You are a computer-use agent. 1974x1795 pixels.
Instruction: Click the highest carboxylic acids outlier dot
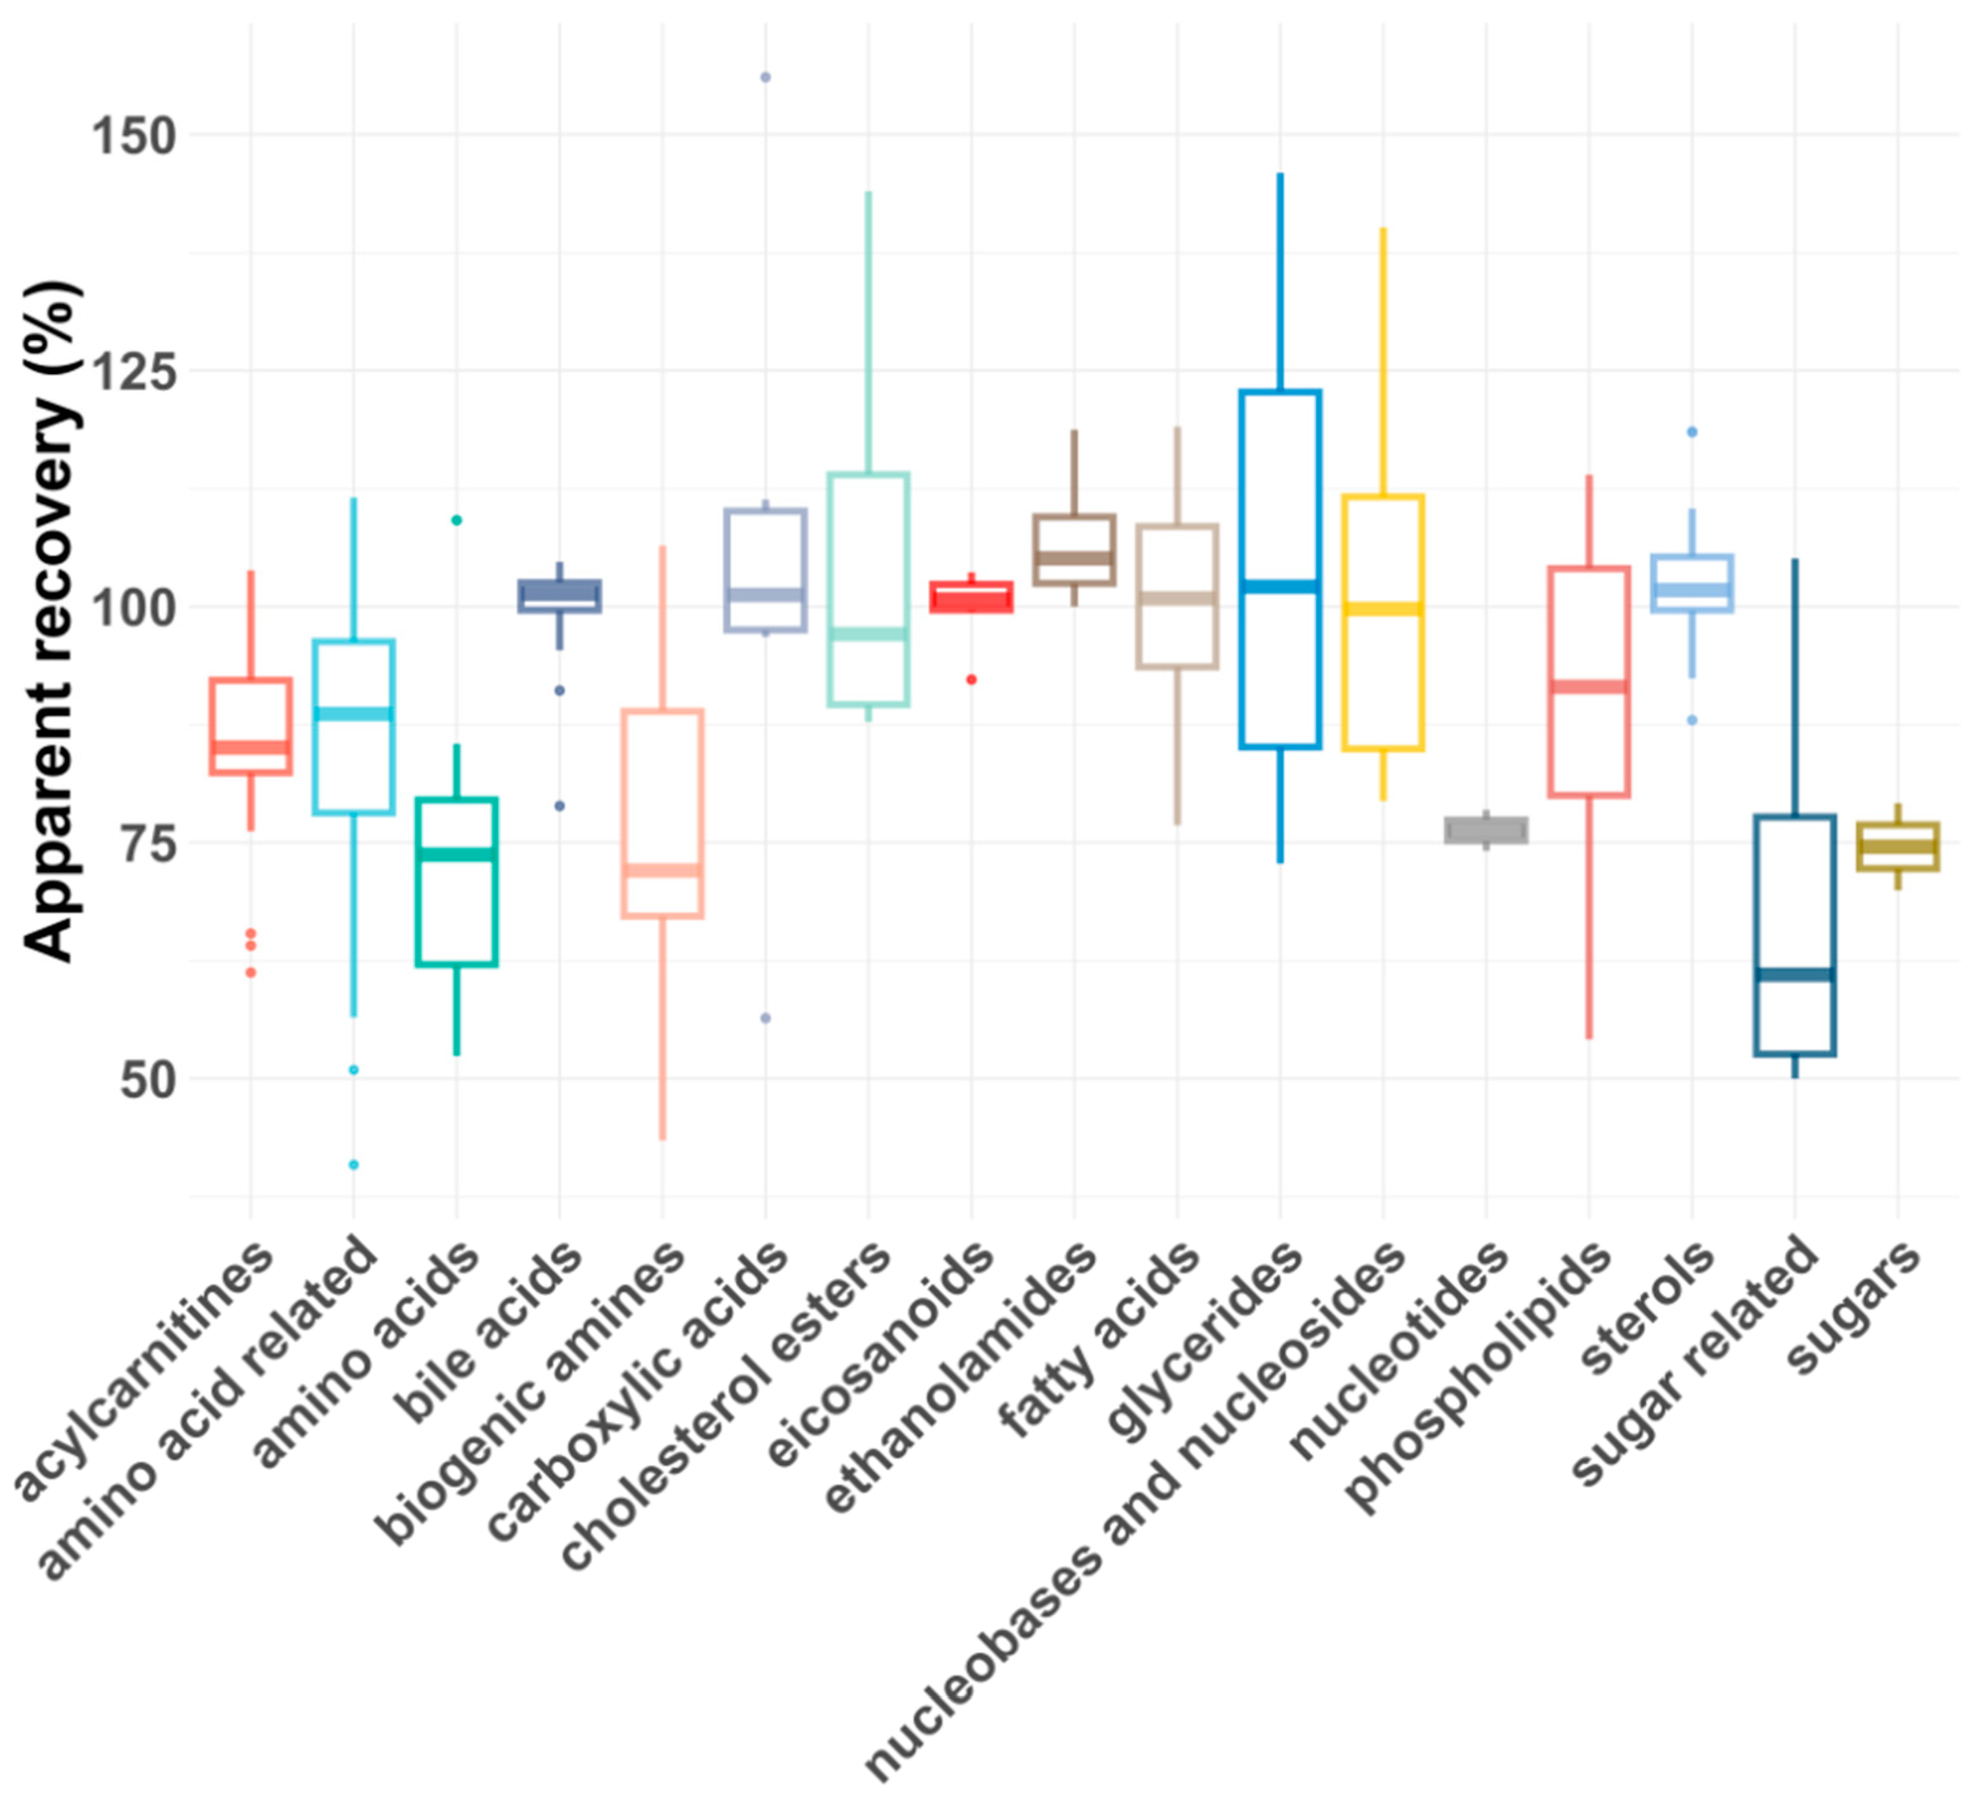pos(766,77)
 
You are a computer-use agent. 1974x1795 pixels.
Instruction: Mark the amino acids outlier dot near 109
pos(456,520)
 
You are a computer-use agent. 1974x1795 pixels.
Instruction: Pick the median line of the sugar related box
pos(1795,974)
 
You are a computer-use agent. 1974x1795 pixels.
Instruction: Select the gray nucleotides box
pos(1486,830)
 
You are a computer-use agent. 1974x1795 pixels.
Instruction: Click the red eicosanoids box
pos(971,597)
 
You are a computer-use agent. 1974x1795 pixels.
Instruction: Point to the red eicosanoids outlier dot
pos(971,680)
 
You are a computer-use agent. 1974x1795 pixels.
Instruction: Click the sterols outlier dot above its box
pos(1692,432)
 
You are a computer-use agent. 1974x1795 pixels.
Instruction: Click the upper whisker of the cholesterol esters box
pos(868,333)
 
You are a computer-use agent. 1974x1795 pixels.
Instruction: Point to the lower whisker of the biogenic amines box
pos(663,1028)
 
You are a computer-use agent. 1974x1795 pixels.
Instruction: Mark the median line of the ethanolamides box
pos(1074,558)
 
